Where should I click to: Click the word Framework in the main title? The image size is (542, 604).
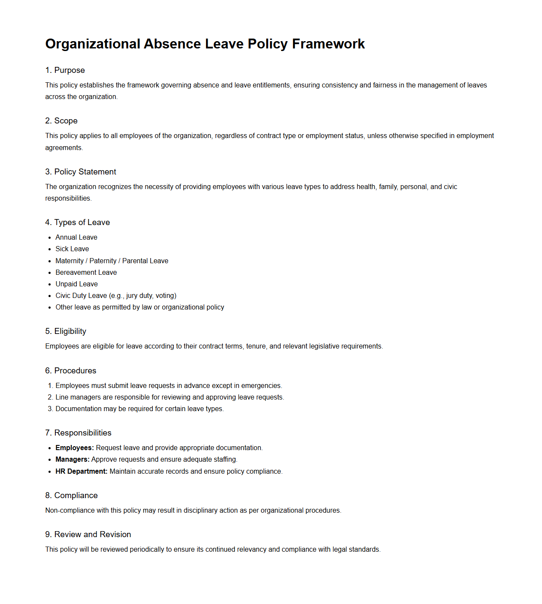[328, 44]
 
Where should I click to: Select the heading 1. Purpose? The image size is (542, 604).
[65, 70]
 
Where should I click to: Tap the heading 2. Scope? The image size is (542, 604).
[61, 121]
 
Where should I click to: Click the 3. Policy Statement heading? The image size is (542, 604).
[81, 172]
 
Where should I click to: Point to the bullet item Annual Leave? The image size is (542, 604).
[76, 237]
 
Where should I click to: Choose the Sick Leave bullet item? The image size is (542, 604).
[72, 249]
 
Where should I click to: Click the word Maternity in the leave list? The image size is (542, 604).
[70, 261]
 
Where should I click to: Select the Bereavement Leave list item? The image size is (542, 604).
[86, 273]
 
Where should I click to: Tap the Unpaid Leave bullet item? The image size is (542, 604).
[76, 284]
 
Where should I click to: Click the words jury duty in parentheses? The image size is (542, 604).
[139, 296]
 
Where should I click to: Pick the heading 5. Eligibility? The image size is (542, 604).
[66, 331]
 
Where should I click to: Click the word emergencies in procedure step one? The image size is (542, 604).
[261, 386]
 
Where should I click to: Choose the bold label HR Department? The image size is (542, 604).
[82, 472]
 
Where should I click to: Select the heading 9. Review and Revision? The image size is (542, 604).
[88, 535]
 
